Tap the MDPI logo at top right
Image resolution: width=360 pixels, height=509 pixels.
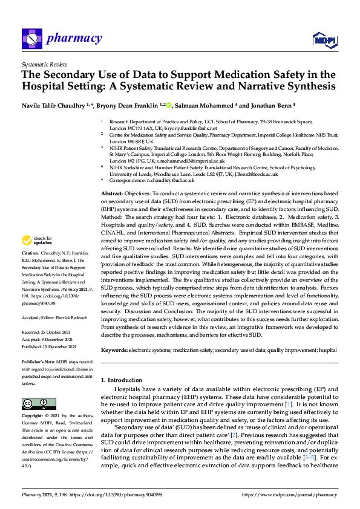coord(324,39)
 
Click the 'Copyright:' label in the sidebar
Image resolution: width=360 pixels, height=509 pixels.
coord(33,416)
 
